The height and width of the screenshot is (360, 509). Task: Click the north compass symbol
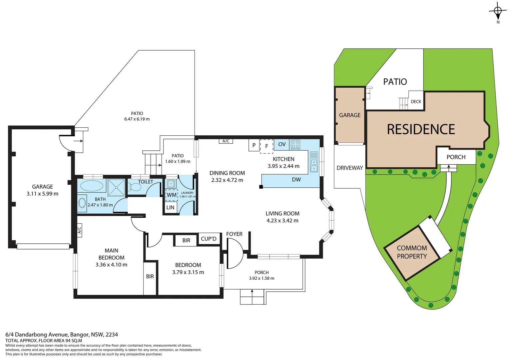pyautogui.click(x=498, y=11)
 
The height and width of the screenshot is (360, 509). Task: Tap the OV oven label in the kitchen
pyautogui.click(x=282, y=144)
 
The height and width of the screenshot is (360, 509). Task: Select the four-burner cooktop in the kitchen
pyautogui.click(x=295, y=144)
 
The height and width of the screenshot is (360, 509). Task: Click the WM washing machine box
pyautogui.click(x=172, y=195)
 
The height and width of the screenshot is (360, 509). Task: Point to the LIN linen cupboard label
pyautogui.click(x=170, y=207)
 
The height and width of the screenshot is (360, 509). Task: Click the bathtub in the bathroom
pyautogui.click(x=92, y=186)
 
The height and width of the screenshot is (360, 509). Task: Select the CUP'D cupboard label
pyautogui.click(x=209, y=239)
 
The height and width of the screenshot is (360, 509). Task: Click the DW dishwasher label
pyautogui.click(x=296, y=180)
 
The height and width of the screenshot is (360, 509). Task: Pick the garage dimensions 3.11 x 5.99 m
pyautogui.click(x=42, y=194)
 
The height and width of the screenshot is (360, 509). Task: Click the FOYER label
pyautogui.click(x=234, y=234)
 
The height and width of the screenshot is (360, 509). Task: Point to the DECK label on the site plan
pyautogui.click(x=416, y=102)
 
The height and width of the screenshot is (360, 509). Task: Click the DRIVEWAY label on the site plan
pyautogui.click(x=349, y=168)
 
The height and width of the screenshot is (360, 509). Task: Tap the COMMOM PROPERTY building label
pyautogui.click(x=412, y=252)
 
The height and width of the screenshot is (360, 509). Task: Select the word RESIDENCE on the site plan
pyautogui.click(x=421, y=129)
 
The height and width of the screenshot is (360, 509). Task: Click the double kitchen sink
pyautogui.click(x=314, y=162)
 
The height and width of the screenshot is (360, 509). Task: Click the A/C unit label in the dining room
pyautogui.click(x=226, y=141)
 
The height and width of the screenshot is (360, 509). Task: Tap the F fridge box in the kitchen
pyautogui.click(x=266, y=146)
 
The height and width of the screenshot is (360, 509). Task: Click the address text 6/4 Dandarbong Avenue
pyautogui.click(x=62, y=334)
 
